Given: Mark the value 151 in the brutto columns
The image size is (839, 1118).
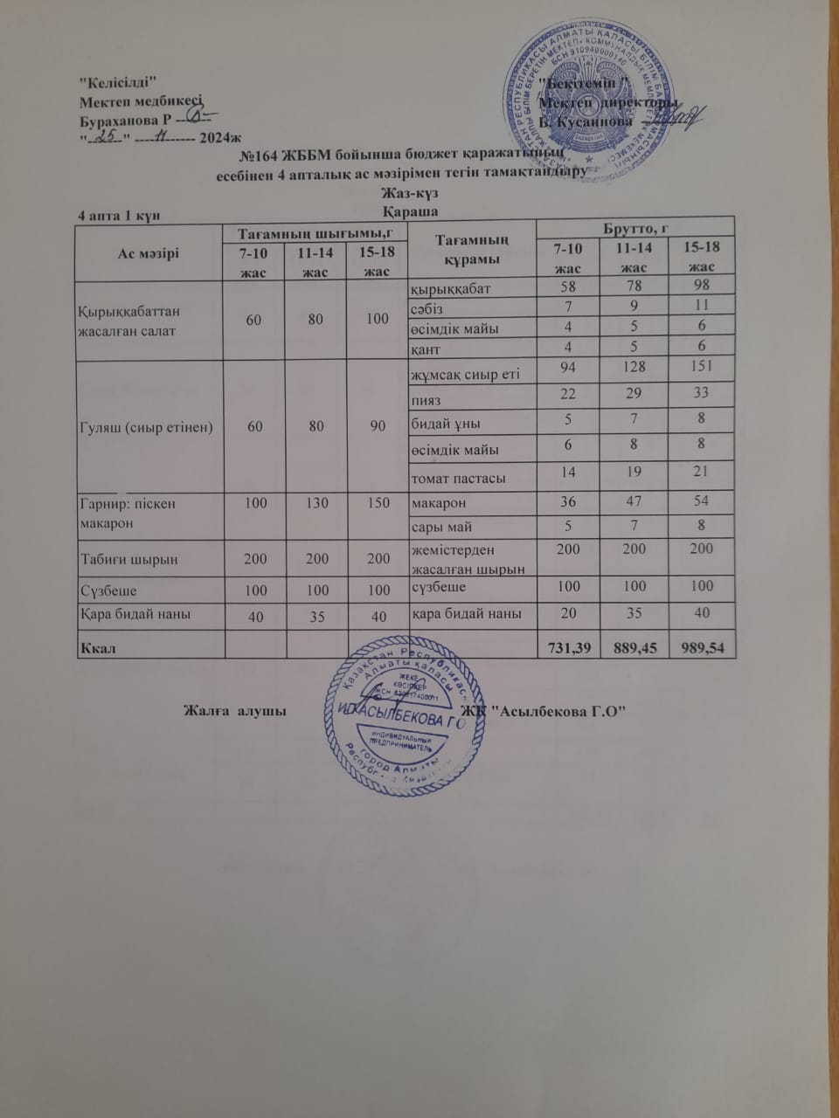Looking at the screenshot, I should pos(700,367).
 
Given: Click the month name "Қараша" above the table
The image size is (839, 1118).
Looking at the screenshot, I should pos(410,212).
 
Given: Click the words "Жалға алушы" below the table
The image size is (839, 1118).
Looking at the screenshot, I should pos(236,710).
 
